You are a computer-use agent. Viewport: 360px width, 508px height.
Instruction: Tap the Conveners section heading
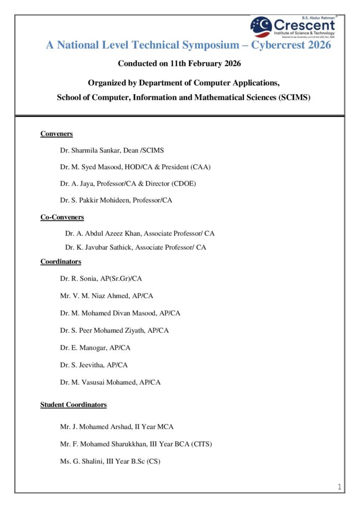click(57, 134)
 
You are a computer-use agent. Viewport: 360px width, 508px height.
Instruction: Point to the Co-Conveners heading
click(62, 217)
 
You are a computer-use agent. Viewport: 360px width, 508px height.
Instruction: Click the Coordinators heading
click(61, 261)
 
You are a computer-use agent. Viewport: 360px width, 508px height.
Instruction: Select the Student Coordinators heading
click(73, 405)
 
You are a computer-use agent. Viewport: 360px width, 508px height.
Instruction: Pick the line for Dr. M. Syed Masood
click(135, 167)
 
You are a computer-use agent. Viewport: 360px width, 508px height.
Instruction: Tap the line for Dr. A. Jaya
click(128, 184)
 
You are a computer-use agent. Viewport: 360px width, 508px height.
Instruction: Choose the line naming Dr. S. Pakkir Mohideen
click(116, 200)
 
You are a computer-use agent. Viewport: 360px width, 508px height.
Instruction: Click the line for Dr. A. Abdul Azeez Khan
click(140, 233)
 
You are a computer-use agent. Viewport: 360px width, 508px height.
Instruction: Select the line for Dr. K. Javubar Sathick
click(135, 247)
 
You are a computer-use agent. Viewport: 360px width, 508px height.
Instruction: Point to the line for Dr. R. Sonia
click(101, 279)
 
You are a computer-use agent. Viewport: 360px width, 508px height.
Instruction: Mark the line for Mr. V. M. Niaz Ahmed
click(106, 296)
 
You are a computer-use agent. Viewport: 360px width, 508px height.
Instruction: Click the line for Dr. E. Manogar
click(95, 348)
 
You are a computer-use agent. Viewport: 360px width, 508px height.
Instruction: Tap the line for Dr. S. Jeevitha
click(94, 365)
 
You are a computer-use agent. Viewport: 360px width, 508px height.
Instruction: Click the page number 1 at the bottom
click(340, 487)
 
